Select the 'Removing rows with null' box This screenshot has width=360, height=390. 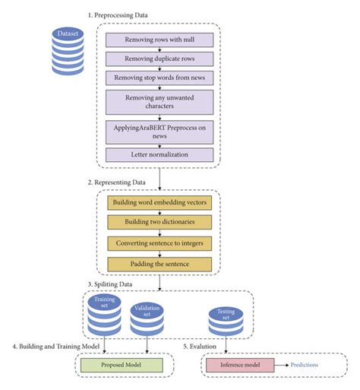159,40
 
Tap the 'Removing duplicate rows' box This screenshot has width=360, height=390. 159,59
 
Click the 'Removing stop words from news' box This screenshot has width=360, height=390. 159,78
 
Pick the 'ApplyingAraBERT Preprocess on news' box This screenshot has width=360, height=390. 159,129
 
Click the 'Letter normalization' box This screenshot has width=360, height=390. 159,154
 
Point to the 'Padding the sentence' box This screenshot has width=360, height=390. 159,265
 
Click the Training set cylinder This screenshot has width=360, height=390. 104,314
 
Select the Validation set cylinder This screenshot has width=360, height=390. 147,320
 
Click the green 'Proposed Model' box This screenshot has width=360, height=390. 121,366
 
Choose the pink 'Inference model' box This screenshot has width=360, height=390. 240,366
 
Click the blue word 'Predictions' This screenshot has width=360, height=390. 305,366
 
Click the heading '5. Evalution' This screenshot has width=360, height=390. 205,347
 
